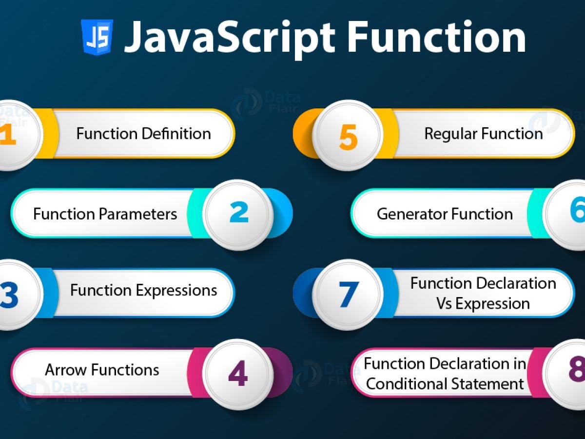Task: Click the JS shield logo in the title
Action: coord(97,37)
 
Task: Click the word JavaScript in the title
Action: coord(229,38)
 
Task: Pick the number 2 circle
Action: coord(238,214)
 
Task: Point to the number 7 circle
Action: coord(348,294)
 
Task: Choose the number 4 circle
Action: coord(238,374)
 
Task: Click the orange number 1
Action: coord(7,135)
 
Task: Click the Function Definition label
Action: coord(143,134)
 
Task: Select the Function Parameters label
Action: coord(105,214)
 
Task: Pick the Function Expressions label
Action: coord(143,291)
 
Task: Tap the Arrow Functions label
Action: coord(102,370)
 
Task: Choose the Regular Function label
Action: coord(483,134)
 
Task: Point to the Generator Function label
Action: coord(445,214)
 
